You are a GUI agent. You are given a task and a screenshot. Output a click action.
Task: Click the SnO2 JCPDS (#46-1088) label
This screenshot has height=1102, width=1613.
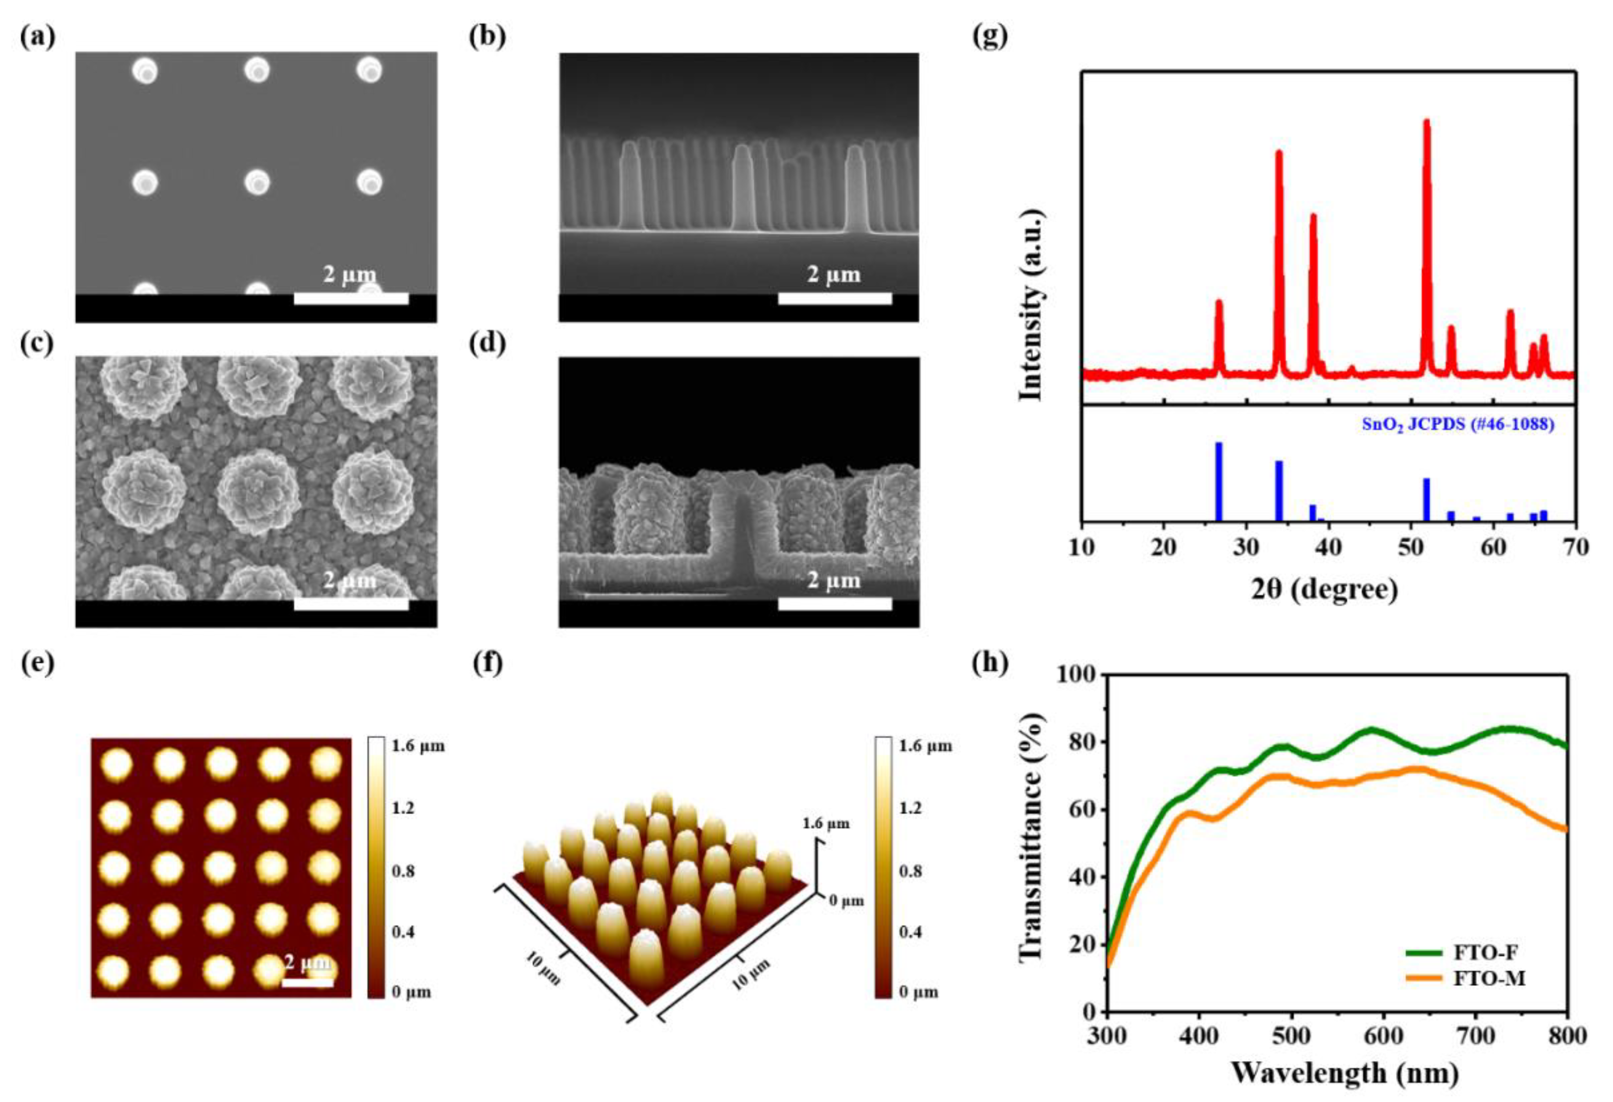coord(1457,424)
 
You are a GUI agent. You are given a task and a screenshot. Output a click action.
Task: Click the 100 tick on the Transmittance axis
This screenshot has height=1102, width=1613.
coord(1076,674)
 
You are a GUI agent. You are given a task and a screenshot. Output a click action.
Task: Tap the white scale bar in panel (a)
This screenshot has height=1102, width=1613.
coord(351,299)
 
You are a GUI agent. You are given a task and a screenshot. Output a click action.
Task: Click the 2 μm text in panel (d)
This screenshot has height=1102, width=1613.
coord(834,580)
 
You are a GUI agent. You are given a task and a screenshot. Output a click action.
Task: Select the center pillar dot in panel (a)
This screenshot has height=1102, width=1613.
coord(258,182)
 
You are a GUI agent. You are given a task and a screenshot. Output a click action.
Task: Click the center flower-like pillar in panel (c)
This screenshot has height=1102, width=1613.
coord(258,490)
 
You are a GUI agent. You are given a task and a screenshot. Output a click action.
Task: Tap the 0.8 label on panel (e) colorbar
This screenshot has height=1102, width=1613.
coord(403,871)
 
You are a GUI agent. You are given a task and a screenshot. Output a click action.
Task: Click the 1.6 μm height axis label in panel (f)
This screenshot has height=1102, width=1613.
coord(826,824)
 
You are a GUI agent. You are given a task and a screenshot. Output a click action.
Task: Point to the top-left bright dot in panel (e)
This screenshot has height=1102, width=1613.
coord(116,765)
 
